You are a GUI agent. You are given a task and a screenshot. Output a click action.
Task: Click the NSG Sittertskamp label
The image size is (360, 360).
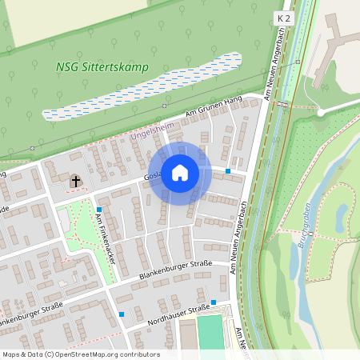pyautogui.click(x=102, y=67)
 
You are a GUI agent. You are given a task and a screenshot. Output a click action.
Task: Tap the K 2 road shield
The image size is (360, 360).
pyautogui.click(x=283, y=17)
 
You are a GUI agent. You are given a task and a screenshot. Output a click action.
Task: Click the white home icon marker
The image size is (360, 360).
pyautogui.click(x=180, y=173)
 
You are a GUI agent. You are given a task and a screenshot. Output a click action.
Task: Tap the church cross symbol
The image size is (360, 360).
pyautogui.click(x=76, y=182)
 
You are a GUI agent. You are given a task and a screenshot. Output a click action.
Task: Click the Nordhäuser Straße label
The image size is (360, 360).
pyautogui.click(x=178, y=315)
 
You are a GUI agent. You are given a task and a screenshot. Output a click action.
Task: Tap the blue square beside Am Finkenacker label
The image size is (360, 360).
pyautogui.click(x=98, y=210)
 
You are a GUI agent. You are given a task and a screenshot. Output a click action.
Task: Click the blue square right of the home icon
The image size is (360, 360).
pyautogui.click(x=228, y=171)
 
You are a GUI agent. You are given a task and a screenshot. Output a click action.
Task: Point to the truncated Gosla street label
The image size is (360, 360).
pyautogui.click(x=153, y=175)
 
